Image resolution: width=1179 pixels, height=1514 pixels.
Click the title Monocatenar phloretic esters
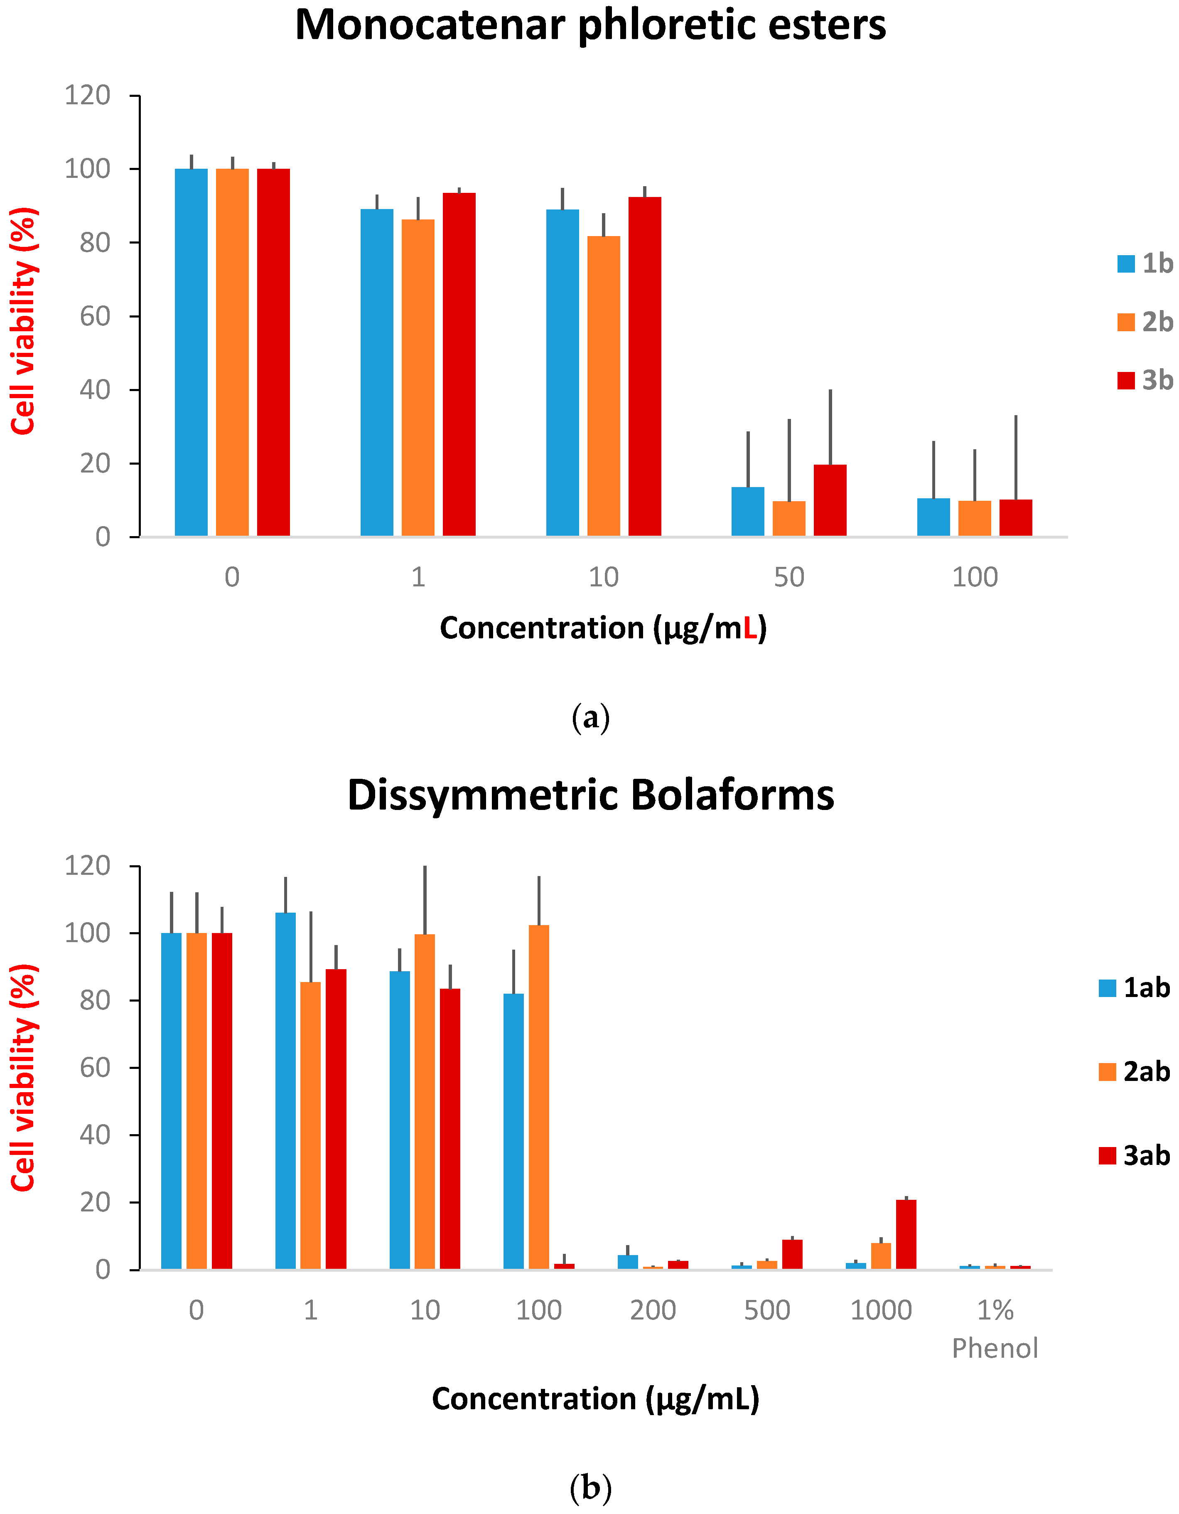click(x=590, y=26)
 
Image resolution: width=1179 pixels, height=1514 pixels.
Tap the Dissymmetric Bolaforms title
click(x=590, y=795)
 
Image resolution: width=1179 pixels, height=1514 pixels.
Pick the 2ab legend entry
click(x=1135, y=1072)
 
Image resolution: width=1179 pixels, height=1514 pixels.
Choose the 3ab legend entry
click(x=1135, y=1156)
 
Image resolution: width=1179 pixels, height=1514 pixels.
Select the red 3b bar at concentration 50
click(x=830, y=500)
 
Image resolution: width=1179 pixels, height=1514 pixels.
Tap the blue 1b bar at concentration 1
click(x=376, y=372)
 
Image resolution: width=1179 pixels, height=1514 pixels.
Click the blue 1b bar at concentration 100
click(x=933, y=517)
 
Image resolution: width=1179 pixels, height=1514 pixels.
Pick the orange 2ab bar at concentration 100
click(x=538, y=1097)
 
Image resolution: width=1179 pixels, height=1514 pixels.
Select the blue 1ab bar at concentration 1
click(x=285, y=1091)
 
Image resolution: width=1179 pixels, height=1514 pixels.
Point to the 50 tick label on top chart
click(x=789, y=577)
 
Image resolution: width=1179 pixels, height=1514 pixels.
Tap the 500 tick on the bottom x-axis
click(x=766, y=1310)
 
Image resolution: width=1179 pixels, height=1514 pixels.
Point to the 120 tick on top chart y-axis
click(x=87, y=95)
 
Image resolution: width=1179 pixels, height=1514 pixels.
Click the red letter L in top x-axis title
click(x=749, y=628)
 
